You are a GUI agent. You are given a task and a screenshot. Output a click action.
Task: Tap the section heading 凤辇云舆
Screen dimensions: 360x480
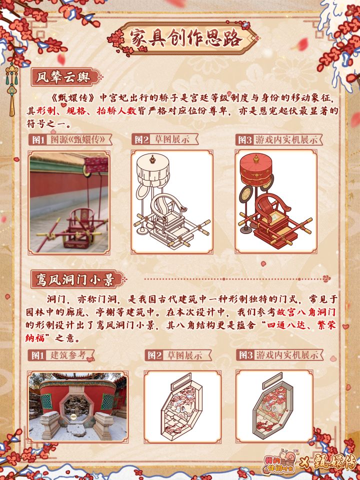tap(63, 77)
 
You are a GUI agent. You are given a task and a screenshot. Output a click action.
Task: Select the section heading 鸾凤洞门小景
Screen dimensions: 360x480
tap(75, 279)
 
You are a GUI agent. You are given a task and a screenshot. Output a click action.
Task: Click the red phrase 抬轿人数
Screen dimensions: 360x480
tap(116, 110)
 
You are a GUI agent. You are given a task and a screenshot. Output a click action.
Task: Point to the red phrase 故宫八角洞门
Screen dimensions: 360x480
tap(306, 312)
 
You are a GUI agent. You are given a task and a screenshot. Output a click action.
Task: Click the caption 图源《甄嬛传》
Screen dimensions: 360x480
tap(78, 140)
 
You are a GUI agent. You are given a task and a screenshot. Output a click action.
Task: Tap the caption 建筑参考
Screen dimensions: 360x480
tap(67, 355)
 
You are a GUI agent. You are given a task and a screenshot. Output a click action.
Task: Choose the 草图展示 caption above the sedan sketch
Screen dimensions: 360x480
tap(172, 140)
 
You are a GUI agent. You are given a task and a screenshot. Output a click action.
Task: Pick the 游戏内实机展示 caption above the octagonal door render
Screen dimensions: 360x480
tap(286, 355)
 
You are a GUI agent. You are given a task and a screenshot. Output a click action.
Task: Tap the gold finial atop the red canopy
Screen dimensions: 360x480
tap(256, 158)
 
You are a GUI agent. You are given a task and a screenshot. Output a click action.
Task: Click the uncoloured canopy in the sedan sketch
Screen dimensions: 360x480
tap(153, 171)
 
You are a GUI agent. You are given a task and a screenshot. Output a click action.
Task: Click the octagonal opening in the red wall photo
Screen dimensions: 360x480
tap(73, 405)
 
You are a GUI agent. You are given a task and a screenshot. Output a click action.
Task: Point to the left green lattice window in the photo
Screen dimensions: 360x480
tap(46, 401)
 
